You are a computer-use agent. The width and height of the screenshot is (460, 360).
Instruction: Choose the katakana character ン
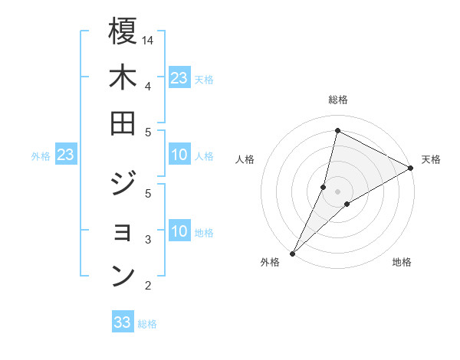tap(123, 276)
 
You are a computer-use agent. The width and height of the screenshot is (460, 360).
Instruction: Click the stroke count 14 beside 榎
tap(148, 39)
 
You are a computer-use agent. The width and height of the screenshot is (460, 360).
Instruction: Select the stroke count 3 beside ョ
tap(148, 240)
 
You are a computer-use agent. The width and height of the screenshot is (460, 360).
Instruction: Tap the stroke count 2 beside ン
tap(148, 286)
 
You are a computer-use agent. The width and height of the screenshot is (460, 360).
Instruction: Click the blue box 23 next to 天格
tap(179, 77)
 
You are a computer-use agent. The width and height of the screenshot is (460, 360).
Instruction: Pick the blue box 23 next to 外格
tap(65, 155)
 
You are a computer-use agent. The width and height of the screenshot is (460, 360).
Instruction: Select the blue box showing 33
tap(123, 322)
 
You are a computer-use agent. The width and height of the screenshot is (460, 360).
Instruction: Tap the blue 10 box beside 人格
tap(179, 155)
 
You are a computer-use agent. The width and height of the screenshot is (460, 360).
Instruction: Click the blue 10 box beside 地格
tap(179, 231)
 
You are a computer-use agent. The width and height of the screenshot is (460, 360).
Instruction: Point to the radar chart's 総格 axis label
tap(337, 100)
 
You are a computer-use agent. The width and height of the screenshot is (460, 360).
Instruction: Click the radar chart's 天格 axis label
tap(431, 159)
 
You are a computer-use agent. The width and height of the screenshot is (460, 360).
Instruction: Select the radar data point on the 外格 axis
tap(292, 253)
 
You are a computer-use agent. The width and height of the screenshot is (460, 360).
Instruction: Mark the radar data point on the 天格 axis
tap(411, 168)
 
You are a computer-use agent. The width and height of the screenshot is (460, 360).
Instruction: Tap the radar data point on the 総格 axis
tap(337, 131)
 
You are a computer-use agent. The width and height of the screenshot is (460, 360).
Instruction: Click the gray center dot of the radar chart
tap(337, 191)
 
